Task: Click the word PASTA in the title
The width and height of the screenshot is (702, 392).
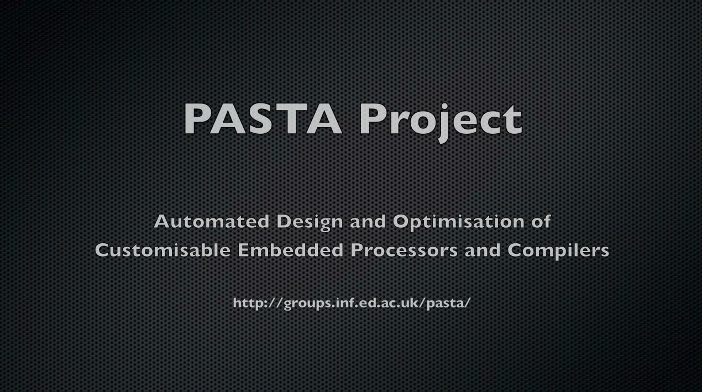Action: [263, 119]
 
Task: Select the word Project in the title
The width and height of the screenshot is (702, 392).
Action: [441, 122]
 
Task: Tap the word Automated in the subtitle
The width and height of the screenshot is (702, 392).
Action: [212, 221]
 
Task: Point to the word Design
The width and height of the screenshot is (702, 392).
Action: [310, 222]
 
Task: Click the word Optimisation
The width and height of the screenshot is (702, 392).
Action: [458, 222]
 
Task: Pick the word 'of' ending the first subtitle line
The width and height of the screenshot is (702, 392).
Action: [541, 221]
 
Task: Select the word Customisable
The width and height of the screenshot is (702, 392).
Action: [163, 250]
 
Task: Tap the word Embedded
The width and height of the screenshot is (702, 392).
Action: [290, 250]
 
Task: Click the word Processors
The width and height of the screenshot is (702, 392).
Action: [404, 250]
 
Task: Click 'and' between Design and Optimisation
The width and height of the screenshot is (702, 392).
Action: [368, 221]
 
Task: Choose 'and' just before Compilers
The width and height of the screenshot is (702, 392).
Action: [483, 250]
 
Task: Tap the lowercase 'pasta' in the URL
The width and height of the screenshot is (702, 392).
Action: [446, 304]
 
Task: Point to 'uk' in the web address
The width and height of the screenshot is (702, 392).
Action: [410, 302]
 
